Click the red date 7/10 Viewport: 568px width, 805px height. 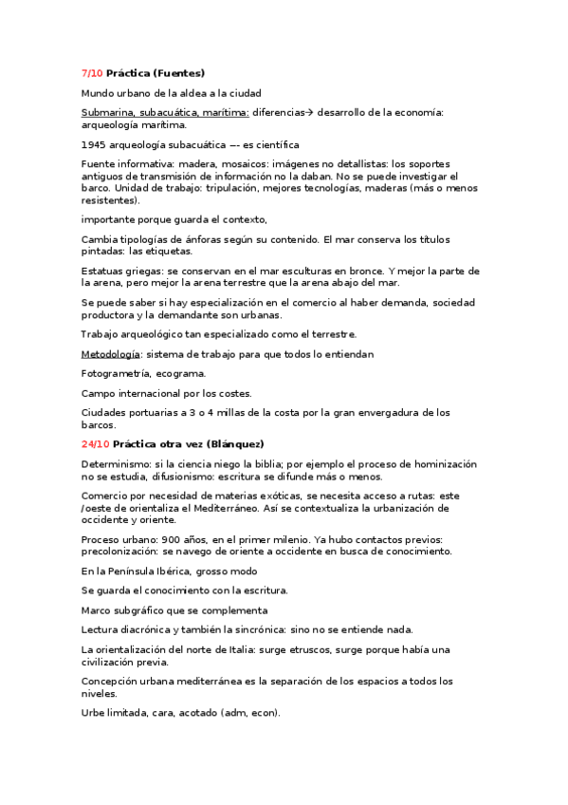coord(92,73)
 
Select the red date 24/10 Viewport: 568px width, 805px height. coord(95,443)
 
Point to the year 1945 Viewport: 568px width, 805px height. coord(94,145)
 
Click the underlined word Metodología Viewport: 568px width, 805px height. coord(111,354)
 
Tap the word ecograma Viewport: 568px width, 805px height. coord(180,373)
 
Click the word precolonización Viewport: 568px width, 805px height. coord(124,552)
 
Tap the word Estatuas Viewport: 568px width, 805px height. coord(104,271)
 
